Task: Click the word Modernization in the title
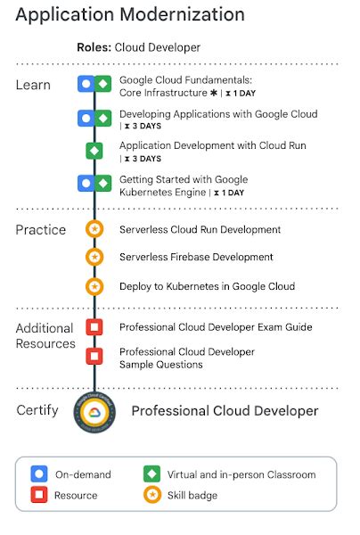tap(183, 14)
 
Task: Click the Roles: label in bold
tap(94, 47)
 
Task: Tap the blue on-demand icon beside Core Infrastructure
tap(86, 84)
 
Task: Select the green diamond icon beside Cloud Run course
tap(94, 151)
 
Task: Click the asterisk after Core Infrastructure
tap(214, 93)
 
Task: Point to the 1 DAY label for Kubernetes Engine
tap(233, 193)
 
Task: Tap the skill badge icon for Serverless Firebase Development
tap(94, 257)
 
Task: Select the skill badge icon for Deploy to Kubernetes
tap(94, 286)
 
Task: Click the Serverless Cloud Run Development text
tap(200, 230)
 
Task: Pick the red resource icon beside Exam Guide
tap(94, 327)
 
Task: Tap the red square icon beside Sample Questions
tap(94, 356)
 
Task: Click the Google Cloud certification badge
tap(94, 413)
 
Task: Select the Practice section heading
tap(41, 230)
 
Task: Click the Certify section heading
tap(37, 410)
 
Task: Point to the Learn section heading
tap(33, 85)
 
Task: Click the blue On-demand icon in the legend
tap(39, 474)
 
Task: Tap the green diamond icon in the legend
tap(152, 474)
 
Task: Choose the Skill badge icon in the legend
tap(152, 494)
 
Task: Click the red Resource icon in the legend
tap(39, 494)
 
